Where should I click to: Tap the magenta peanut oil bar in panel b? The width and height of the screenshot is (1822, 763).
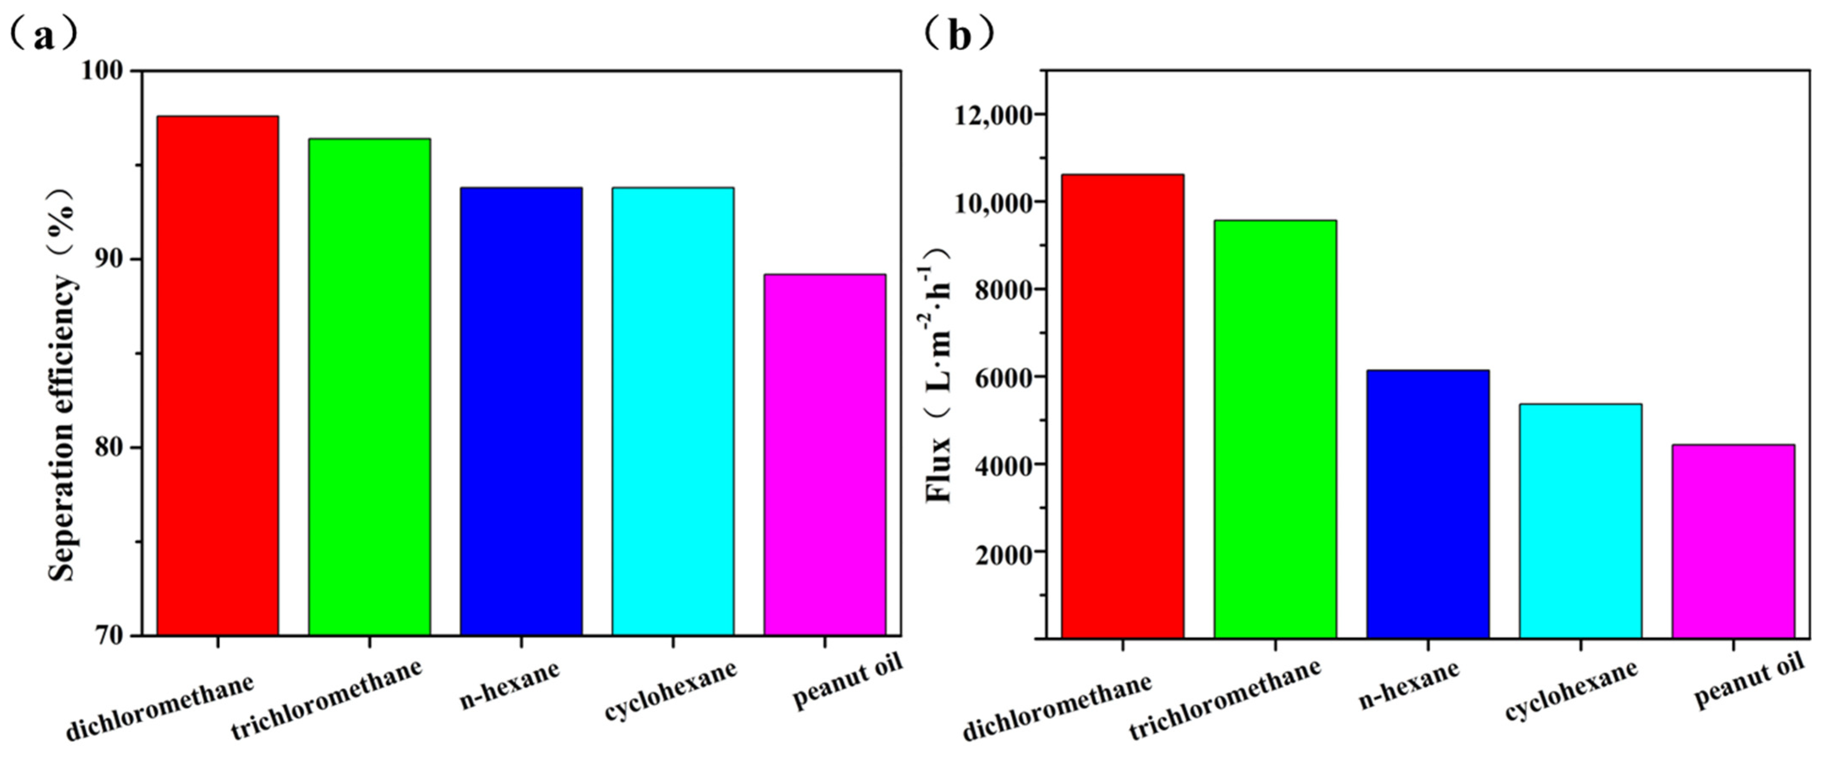1733,541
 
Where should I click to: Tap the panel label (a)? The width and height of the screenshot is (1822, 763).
43,34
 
